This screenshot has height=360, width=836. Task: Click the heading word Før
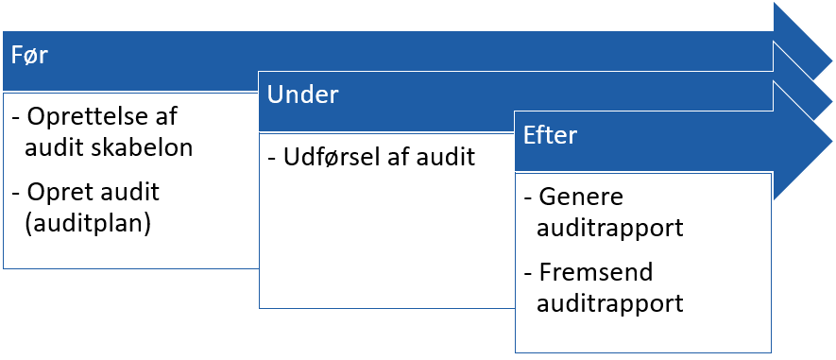click(x=29, y=56)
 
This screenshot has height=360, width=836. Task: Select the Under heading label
click(x=302, y=94)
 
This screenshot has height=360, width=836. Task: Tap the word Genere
click(x=575, y=198)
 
